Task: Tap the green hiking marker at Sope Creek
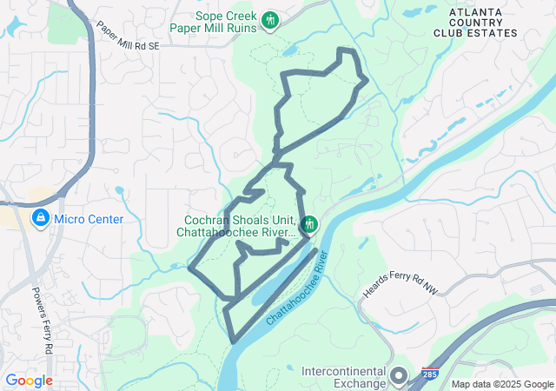pyautogui.click(x=269, y=19)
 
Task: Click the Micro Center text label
pyautogui.click(x=88, y=219)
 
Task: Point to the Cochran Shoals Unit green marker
pyautogui.click(x=309, y=224)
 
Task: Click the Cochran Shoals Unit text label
pyautogui.click(x=238, y=226)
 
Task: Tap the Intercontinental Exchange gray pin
pyautogui.click(x=399, y=375)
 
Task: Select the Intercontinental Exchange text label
pyautogui.click(x=344, y=377)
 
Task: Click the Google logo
pyautogui.click(x=29, y=381)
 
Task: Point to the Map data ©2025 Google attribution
pyautogui.click(x=502, y=384)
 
